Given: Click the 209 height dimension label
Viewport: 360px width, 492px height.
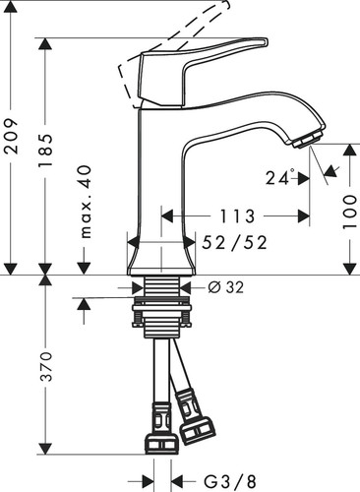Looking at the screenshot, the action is pyautogui.click(x=12, y=137).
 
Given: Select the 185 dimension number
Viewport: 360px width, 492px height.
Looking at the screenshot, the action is pyautogui.click(x=45, y=150).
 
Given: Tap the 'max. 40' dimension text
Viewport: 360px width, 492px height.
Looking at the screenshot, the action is pyautogui.click(x=86, y=202).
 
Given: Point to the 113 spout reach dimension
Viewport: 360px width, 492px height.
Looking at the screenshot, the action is pyautogui.click(x=237, y=216).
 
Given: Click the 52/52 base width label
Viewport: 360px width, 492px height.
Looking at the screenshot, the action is pyautogui.click(x=234, y=243).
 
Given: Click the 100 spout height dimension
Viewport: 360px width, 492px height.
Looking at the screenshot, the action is pyautogui.click(x=349, y=212).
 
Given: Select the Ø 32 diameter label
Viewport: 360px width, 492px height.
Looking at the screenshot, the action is pyautogui.click(x=226, y=287).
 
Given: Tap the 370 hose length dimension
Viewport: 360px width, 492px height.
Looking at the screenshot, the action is pyautogui.click(x=46, y=366).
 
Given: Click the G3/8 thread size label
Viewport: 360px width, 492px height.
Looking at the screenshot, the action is pyautogui.click(x=230, y=482).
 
